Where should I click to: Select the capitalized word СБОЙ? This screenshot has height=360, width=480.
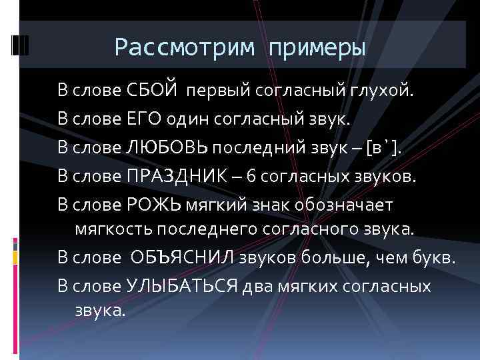tap(153, 89)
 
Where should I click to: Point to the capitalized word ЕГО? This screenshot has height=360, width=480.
tap(144, 119)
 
